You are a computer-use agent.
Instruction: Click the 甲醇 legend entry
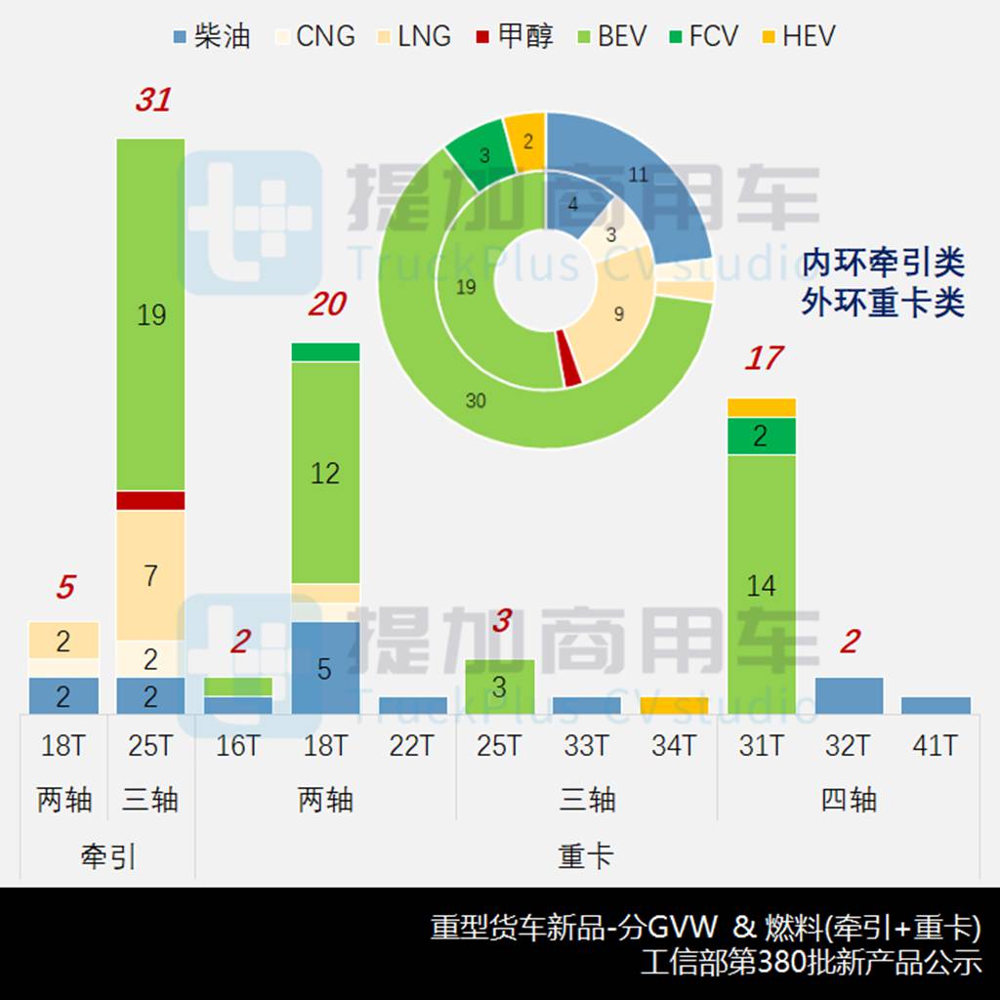(514, 37)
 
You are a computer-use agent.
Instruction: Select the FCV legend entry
(701, 37)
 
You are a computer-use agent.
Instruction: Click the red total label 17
(763, 358)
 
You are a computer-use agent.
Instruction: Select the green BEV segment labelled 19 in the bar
(151, 314)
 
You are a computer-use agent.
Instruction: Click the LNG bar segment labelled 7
(151, 575)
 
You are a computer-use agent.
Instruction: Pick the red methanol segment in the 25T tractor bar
(151, 501)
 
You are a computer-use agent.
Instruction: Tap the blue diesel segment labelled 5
(325, 668)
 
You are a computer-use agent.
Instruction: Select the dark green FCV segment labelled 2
(761, 437)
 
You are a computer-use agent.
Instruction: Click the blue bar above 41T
(936, 706)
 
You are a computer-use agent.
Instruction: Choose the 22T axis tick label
(411, 747)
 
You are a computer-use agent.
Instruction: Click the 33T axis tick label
(586, 747)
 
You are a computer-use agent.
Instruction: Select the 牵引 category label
(107, 856)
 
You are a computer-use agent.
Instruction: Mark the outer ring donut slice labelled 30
(477, 401)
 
